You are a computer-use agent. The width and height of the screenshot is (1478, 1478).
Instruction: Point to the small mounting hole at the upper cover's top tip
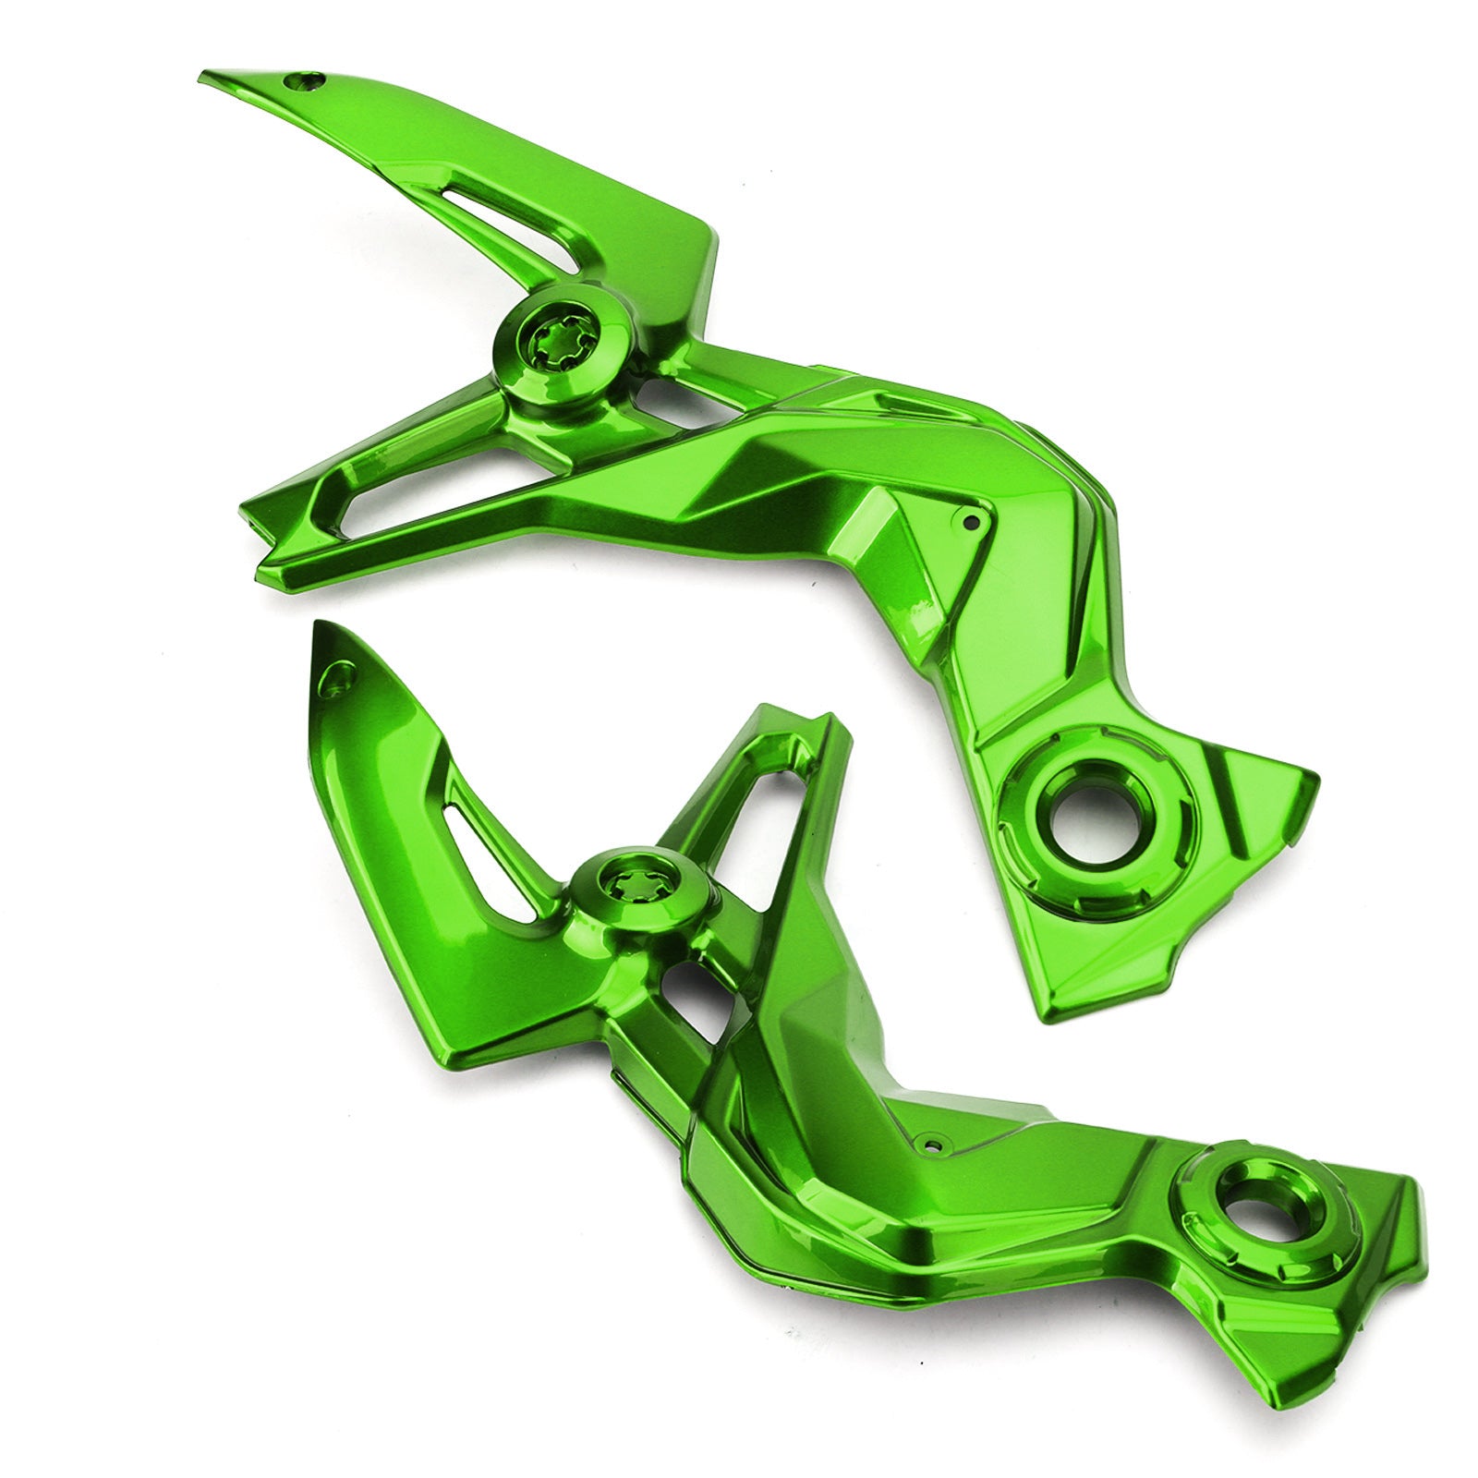click(x=306, y=81)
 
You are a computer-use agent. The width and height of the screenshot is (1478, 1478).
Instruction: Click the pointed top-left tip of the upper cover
click(x=205, y=76)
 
